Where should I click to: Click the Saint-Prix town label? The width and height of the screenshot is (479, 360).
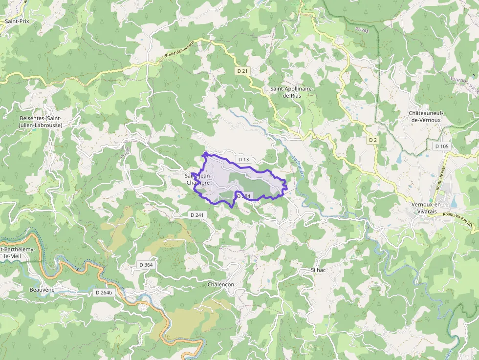click(x=17, y=21)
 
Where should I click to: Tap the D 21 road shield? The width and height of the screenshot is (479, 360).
click(x=242, y=71)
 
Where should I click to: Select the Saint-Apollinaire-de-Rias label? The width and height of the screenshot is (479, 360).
click(x=292, y=92)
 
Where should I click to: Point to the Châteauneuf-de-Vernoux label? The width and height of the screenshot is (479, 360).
click(x=426, y=116)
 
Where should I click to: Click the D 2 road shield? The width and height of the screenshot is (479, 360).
click(x=373, y=140)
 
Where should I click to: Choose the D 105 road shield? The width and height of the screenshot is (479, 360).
click(x=441, y=146)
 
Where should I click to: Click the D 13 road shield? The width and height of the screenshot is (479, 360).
click(x=243, y=159)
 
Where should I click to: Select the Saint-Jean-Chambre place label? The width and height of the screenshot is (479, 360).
click(x=198, y=179)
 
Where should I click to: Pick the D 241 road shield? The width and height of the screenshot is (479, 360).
click(x=197, y=215)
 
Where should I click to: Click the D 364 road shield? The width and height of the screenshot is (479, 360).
click(x=146, y=265)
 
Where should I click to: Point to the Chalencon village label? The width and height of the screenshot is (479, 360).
click(x=221, y=284)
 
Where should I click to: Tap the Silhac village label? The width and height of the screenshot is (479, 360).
click(x=318, y=270)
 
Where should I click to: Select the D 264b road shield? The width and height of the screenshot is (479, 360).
click(x=104, y=293)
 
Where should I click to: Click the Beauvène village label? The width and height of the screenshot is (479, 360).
click(x=42, y=290)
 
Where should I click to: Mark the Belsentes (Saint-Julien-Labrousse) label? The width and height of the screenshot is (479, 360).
click(x=41, y=122)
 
